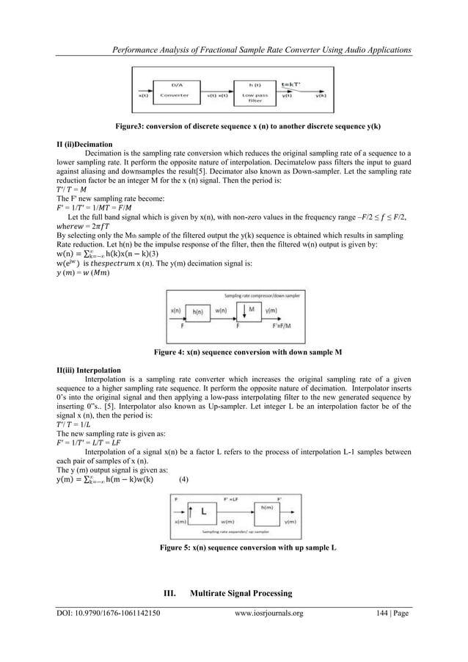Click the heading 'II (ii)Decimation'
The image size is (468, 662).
[x=84, y=145]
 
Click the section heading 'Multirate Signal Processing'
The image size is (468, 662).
[x=251, y=592]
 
